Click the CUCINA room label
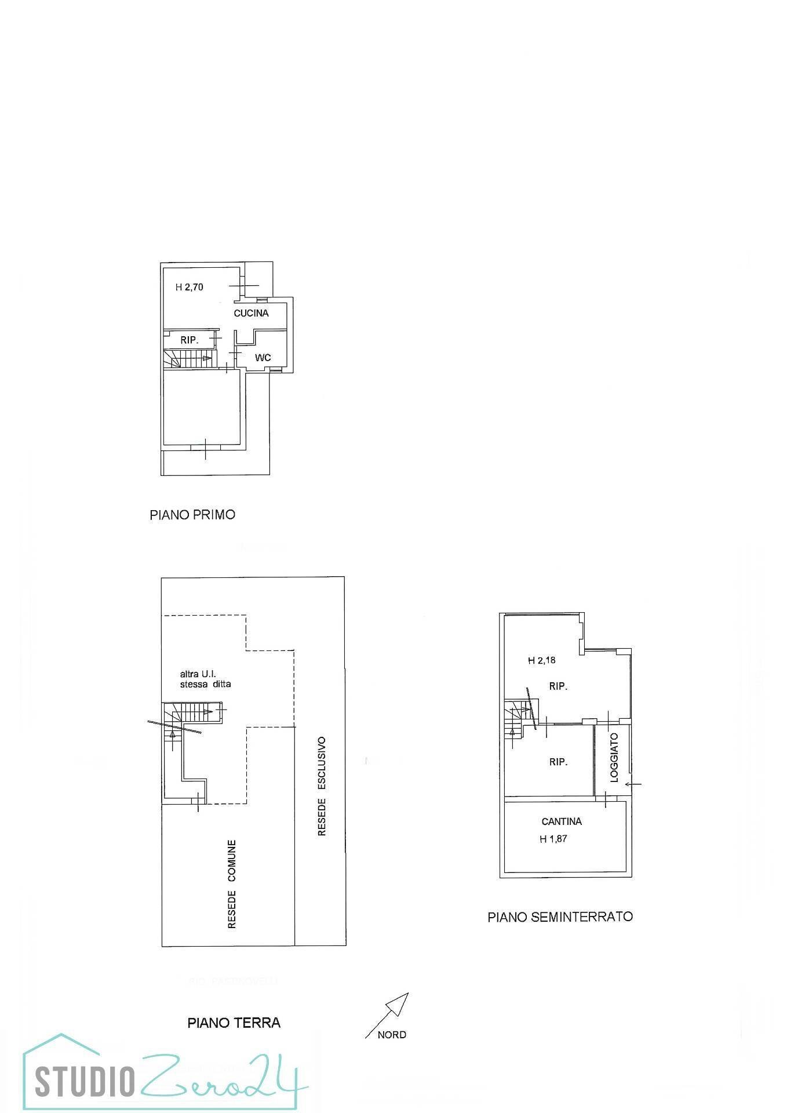click(x=251, y=313)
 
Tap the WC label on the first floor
click(x=263, y=358)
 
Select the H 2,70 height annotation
click(x=190, y=287)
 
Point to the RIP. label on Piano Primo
click(x=190, y=340)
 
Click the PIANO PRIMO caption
click(x=192, y=515)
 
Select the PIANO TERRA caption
click(x=234, y=1022)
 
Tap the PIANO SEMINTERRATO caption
click(x=560, y=916)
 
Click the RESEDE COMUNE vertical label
click(x=232, y=884)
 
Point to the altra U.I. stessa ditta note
click(x=205, y=679)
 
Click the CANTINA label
click(x=562, y=821)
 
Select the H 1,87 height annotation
click(x=553, y=839)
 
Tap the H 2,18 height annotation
click(x=542, y=660)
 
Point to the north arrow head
click(x=400, y=1003)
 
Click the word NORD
click(x=392, y=1035)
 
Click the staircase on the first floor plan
click(x=188, y=359)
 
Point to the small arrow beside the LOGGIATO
click(x=633, y=784)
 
